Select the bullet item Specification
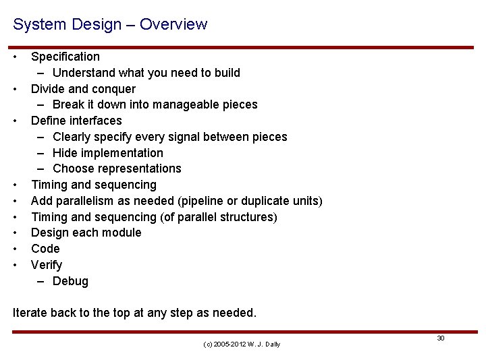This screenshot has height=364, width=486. point(65,57)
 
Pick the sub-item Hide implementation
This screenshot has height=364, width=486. point(107,153)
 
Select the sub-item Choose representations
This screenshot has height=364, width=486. point(117,169)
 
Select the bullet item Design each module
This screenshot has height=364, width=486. point(86,233)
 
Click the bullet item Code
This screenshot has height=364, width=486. point(45,249)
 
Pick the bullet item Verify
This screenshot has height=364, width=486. point(47,265)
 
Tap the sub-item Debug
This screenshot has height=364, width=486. point(70,281)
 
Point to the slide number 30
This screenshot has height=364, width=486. point(440,338)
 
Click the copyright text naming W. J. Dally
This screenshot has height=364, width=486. point(241,344)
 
